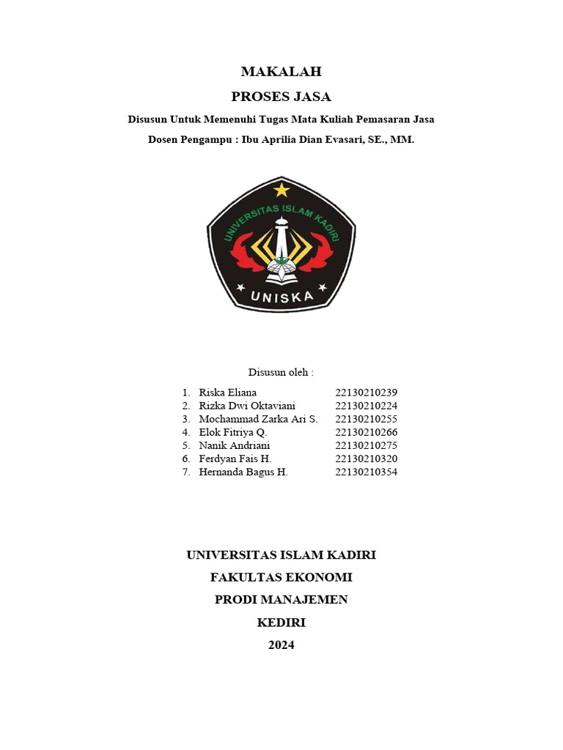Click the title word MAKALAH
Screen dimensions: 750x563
tap(281, 72)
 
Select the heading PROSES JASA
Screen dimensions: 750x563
tap(281, 97)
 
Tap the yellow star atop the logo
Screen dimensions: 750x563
tap(281, 190)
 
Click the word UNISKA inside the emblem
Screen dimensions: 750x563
tap(281, 297)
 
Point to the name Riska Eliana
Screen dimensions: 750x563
tap(227, 393)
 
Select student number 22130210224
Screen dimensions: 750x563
tap(366, 406)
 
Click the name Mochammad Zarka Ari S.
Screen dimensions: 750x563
tap(258, 419)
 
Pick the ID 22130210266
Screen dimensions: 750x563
tap(366, 432)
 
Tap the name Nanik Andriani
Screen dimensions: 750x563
tap(234, 445)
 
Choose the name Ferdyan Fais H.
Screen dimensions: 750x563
tap(235, 458)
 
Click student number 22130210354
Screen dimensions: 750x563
tap(366, 472)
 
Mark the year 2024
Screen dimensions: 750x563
tap(281, 645)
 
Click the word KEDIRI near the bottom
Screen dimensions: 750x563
tap(281, 623)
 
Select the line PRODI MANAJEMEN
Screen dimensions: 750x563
tap(281, 600)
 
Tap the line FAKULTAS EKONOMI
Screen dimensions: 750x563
tap(281, 577)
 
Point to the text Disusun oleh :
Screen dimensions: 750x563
tap(281, 372)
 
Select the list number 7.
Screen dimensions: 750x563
tap(186, 472)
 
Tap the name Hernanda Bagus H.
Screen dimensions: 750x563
tap(243, 472)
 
